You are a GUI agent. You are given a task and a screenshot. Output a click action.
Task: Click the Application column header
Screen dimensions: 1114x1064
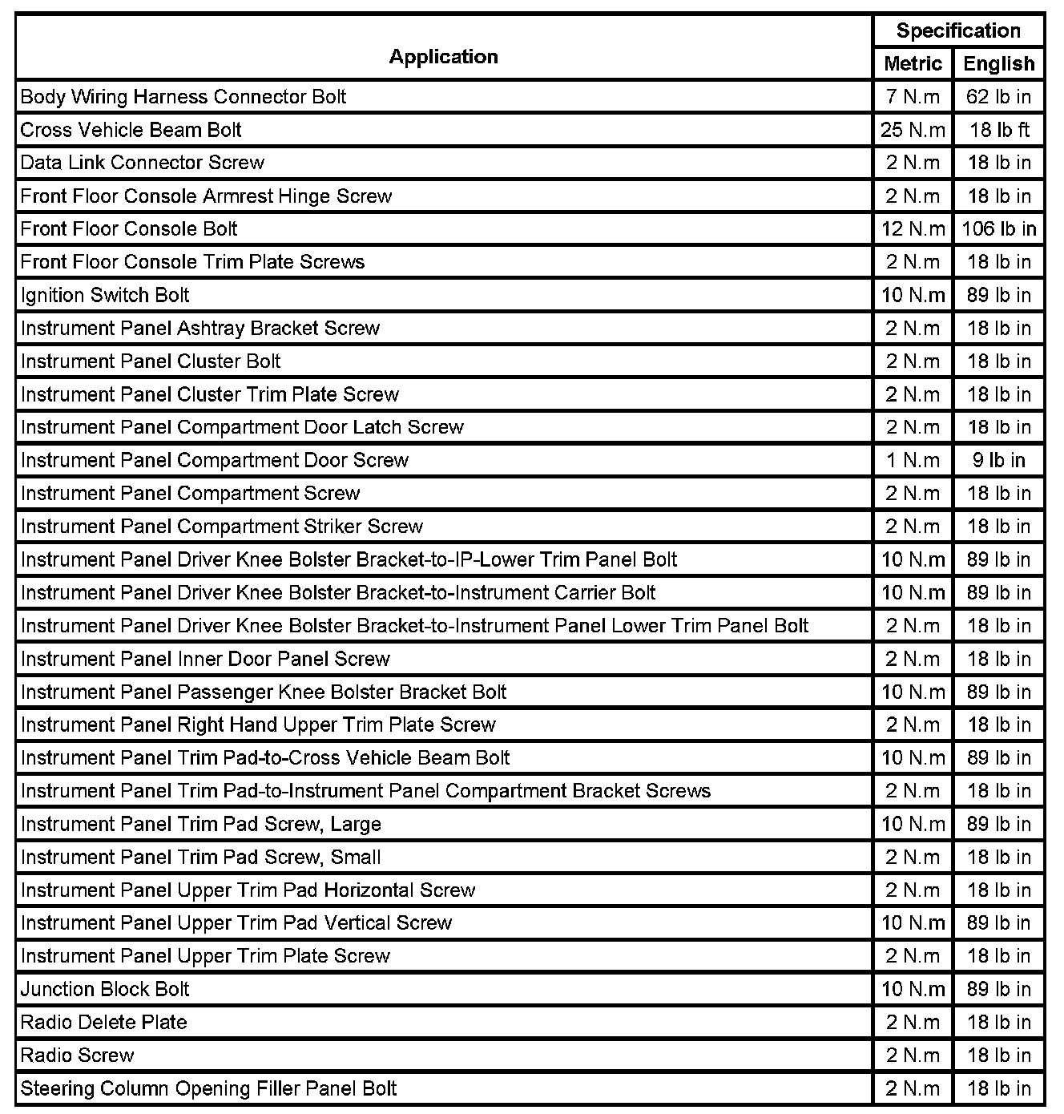pyautogui.click(x=443, y=57)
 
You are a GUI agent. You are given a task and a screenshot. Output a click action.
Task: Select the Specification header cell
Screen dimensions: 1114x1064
pyautogui.click(x=957, y=31)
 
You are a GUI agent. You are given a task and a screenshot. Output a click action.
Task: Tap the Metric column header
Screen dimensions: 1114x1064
pyautogui.click(x=913, y=64)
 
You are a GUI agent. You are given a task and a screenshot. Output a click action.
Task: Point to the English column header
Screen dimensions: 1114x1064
pyautogui.click(x=998, y=64)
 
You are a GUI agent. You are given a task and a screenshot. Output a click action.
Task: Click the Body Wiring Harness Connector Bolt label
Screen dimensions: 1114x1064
pyautogui.click(x=183, y=97)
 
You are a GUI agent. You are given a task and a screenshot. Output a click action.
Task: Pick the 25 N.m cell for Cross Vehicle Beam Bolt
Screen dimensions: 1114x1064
pyautogui.click(x=913, y=130)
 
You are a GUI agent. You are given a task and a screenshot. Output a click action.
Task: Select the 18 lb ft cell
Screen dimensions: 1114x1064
pyautogui.click(x=998, y=130)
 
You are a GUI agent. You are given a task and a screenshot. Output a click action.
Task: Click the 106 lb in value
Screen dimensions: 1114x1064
pyautogui.click(x=998, y=229)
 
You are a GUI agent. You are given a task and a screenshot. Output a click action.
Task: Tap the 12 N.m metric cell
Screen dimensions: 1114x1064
pyautogui.click(x=913, y=229)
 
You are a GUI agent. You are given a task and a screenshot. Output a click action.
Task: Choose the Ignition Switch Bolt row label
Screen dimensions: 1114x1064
pyautogui.click(x=105, y=295)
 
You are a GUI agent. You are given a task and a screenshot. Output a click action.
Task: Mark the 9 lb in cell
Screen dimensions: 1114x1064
pyautogui.click(x=998, y=460)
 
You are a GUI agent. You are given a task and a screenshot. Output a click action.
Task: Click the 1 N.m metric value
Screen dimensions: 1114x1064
pyautogui.click(x=913, y=460)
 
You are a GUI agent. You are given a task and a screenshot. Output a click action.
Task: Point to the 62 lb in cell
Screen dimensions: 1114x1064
pyautogui.click(x=998, y=97)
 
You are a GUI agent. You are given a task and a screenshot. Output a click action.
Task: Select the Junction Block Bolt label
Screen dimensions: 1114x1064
pyautogui.click(x=105, y=989)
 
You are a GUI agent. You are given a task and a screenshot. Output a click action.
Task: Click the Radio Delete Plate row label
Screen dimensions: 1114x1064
pyautogui.click(x=103, y=1022)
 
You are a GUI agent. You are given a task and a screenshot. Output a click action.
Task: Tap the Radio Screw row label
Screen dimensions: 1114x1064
pyautogui.click(x=77, y=1055)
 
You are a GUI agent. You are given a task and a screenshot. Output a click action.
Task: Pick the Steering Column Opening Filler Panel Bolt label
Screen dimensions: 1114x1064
pyautogui.click(x=208, y=1088)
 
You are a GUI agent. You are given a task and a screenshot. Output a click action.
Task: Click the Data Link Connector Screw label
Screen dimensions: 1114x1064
pyautogui.click(x=142, y=163)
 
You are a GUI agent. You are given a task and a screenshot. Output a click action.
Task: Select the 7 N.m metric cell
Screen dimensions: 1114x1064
pyautogui.click(x=913, y=97)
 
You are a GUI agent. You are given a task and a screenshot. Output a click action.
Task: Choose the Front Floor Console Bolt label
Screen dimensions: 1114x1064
pyautogui.click(x=129, y=229)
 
